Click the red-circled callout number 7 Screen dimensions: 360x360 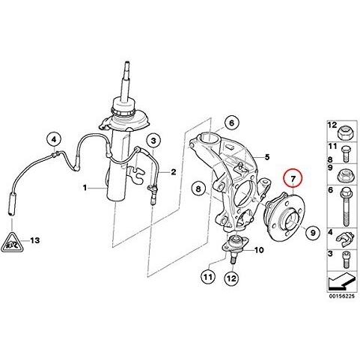[x=293, y=178]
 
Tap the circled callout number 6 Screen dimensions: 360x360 [x=231, y=123]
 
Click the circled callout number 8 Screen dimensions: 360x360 [x=198, y=189]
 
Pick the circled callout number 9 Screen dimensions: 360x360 [x=313, y=233]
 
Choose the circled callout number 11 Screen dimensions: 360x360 [x=208, y=277]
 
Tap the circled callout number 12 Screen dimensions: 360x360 [x=231, y=278]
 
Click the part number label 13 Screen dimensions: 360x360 [x=34, y=240]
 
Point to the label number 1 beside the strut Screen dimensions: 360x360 [x=85, y=188]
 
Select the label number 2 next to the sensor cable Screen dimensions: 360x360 [x=174, y=172]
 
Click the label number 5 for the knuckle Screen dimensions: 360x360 [x=267, y=157]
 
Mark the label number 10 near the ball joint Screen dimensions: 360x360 [x=259, y=250]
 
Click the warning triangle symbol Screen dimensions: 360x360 [x=12, y=242]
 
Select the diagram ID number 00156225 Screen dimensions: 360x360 [x=341, y=296]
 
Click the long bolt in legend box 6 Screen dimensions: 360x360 [x=346, y=207]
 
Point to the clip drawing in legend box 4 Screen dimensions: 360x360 [x=346, y=239]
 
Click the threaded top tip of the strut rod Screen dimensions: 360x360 [x=127, y=70]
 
